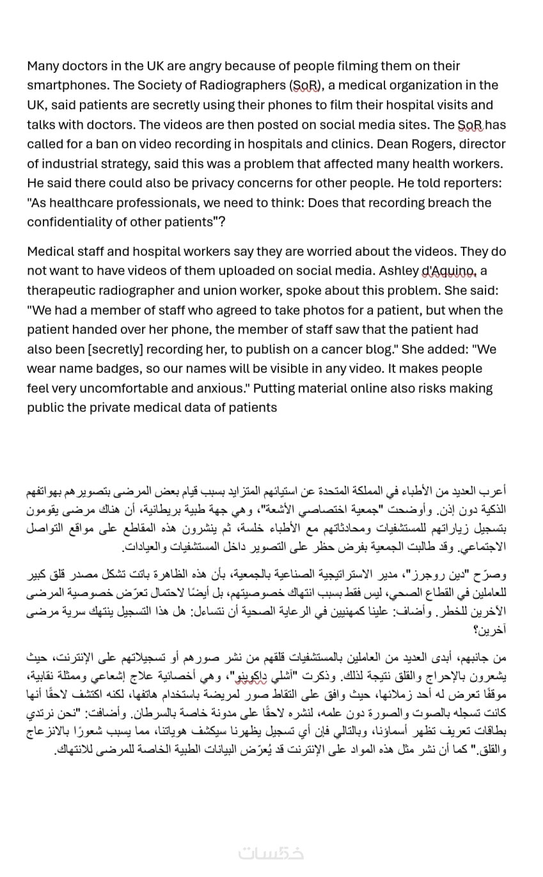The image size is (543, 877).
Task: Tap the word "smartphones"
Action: pos(68,86)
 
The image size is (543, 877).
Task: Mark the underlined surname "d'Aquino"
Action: pos(450,271)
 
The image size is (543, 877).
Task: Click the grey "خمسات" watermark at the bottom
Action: pos(271,853)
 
